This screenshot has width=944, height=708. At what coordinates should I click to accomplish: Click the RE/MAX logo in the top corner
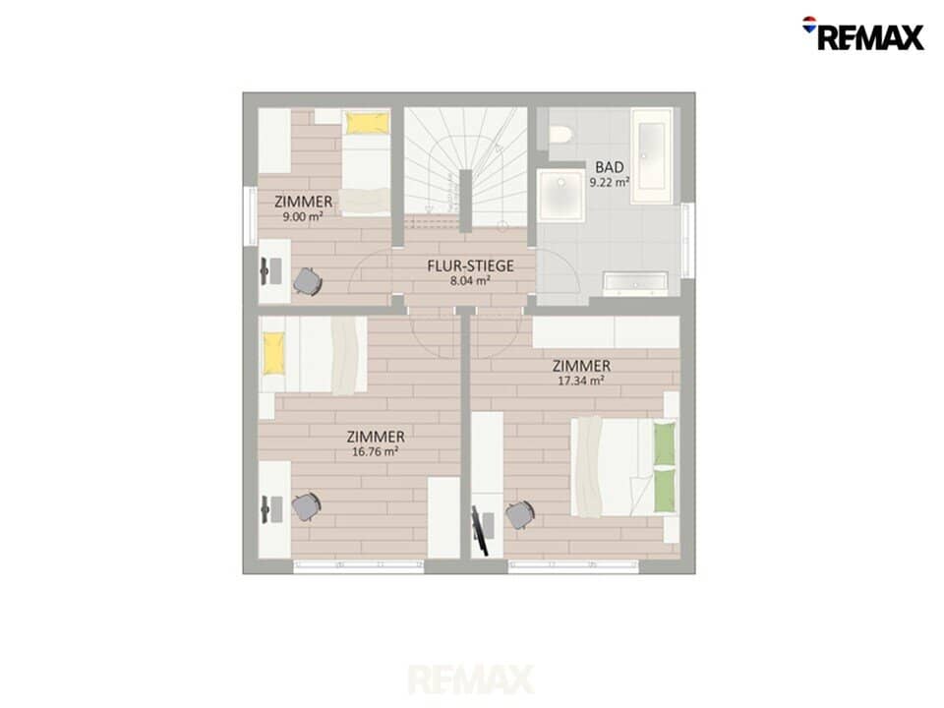coord(863,33)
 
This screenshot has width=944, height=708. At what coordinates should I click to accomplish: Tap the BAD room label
coord(610,167)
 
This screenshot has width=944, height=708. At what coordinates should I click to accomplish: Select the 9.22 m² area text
coord(610,181)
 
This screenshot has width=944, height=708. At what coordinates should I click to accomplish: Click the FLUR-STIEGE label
coord(470,265)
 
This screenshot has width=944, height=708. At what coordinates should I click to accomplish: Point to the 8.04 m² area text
coord(470,280)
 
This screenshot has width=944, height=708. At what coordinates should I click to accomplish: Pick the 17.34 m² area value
coord(580,380)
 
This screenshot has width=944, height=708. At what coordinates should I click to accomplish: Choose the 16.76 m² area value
coord(375,451)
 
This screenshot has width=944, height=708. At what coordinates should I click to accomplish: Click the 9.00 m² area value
coord(303,216)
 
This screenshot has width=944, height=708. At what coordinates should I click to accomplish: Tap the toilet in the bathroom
coord(560,134)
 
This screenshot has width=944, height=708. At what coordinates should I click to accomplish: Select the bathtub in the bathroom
coord(651,155)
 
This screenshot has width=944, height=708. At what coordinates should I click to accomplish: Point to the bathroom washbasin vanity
coord(635,284)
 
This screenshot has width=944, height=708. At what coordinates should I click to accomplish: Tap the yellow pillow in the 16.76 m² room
coord(273,354)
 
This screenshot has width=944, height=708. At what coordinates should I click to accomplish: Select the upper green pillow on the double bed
coord(664,444)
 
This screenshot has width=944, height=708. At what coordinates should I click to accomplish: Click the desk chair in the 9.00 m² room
coord(307,280)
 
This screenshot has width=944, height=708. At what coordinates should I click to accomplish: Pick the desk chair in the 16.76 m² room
coord(306,507)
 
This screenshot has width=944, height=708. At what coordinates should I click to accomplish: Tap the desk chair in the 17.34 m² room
coord(520,514)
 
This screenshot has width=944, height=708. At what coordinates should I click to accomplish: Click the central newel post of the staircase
coord(465,201)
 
